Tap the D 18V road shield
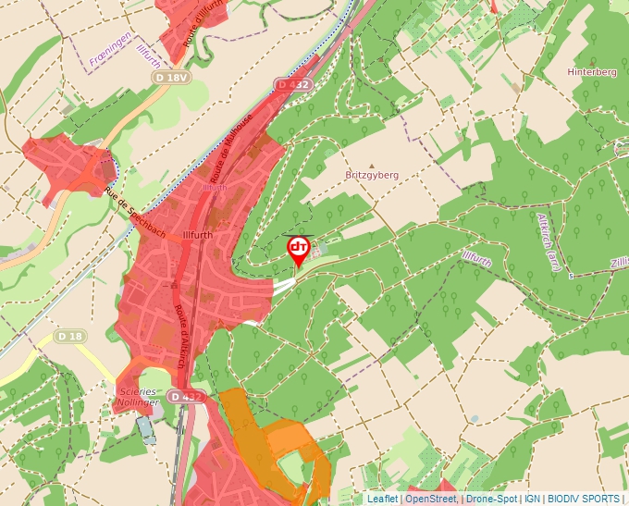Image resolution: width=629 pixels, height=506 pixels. click(172, 79)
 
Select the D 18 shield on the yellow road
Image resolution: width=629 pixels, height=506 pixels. click(69, 336)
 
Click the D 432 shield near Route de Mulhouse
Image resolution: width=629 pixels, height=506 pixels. click(294, 84)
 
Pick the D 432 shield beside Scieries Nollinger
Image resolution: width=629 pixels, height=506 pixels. click(186, 397)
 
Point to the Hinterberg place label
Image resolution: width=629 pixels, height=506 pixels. click(592, 72)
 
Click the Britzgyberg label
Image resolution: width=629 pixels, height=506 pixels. click(371, 175)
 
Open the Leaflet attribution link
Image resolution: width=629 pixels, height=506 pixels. click(382, 499)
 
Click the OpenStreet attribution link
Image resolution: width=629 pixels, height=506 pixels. click(431, 499)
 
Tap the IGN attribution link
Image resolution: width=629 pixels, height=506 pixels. click(532, 499)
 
